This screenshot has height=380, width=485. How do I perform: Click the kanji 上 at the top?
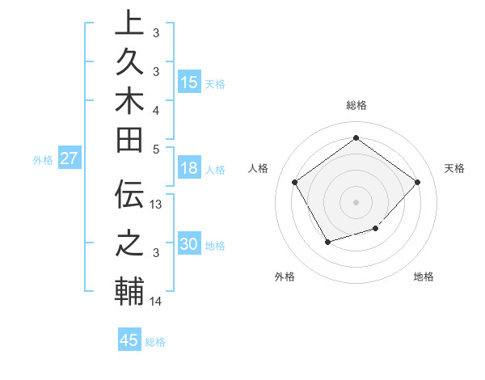click(x=129, y=23)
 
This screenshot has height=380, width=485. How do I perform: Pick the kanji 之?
click(x=129, y=242)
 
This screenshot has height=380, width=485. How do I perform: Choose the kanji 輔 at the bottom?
click(x=129, y=291)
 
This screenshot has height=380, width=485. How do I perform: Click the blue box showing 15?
click(x=189, y=82)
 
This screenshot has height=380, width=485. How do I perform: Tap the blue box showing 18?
click(x=189, y=168)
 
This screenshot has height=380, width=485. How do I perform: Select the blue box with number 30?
click(x=189, y=244)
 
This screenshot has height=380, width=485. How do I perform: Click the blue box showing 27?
click(x=69, y=158)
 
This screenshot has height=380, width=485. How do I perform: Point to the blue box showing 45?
click(x=129, y=340)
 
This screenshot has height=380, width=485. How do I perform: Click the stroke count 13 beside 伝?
click(x=157, y=205)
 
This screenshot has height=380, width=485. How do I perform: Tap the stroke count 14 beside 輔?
click(x=157, y=302)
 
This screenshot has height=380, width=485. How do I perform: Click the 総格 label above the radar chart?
click(x=356, y=105)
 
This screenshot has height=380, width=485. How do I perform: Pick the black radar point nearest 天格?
click(x=417, y=182)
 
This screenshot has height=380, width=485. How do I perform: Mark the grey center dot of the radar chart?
click(x=356, y=201)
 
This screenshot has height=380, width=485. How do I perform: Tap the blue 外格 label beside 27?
click(x=43, y=160)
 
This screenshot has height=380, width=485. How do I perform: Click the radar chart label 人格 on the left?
click(x=259, y=168)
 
